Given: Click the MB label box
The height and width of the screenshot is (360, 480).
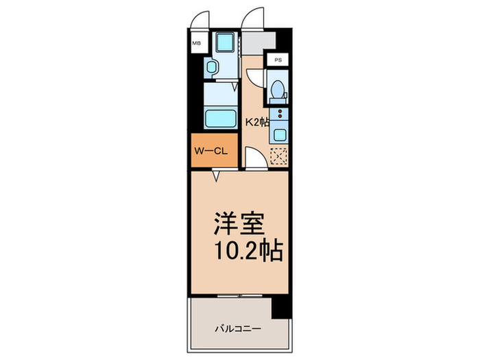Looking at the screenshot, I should pos(196,43).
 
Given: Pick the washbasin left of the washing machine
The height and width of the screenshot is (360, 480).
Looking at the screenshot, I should pos(212,67).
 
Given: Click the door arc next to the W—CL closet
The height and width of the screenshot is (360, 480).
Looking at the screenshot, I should pos(254,160).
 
